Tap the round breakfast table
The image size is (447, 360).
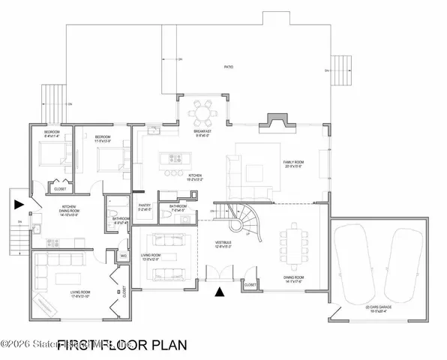point(202,115)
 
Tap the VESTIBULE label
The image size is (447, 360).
point(223,243)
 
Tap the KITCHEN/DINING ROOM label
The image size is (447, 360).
point(70,212)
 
